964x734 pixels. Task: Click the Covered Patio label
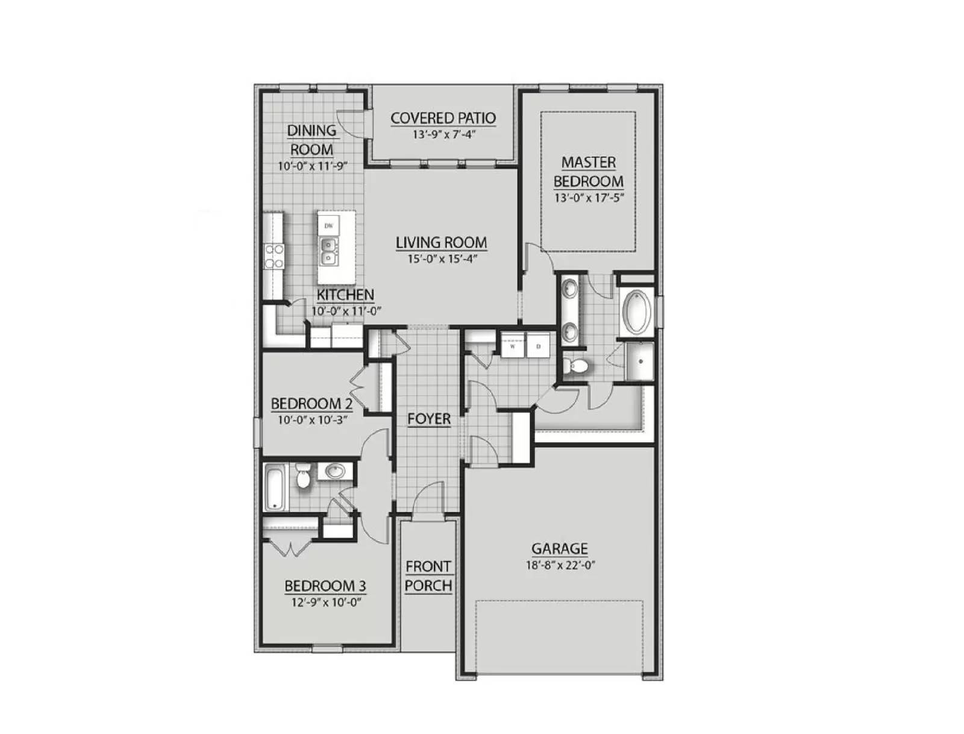point(443,118)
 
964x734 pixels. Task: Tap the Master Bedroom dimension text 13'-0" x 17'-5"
point(588,197)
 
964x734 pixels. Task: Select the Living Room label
point(441,242)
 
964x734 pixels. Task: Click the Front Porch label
point(428,576)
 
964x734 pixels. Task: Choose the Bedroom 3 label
point(325,586)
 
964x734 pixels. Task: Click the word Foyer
point(429,419)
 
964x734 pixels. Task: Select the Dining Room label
point(311,139)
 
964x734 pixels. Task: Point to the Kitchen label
point(345,295)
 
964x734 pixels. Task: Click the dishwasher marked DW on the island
point(328,225)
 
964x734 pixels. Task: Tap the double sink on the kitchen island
point(328,251)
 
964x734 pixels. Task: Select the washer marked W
point(513,347)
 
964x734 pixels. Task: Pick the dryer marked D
point(539,347)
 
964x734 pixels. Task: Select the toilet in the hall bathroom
point(303,477)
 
